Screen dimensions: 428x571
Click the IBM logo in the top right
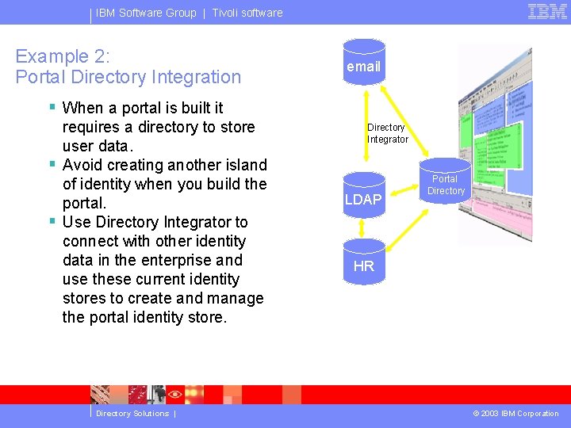547,12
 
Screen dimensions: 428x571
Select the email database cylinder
363,66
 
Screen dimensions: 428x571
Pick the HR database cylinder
363,266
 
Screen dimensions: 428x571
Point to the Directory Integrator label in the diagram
387,133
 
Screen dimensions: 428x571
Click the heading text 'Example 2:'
63,56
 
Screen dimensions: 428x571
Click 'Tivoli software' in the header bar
247,13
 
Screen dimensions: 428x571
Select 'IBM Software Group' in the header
146,13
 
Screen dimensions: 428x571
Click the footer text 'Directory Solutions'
132,414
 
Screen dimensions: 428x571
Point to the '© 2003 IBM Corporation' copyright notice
515,414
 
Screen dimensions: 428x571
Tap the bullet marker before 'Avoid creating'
52,164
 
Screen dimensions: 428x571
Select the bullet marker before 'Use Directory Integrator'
52,221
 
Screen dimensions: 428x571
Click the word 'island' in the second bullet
245,165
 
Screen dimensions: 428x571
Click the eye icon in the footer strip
175,394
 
